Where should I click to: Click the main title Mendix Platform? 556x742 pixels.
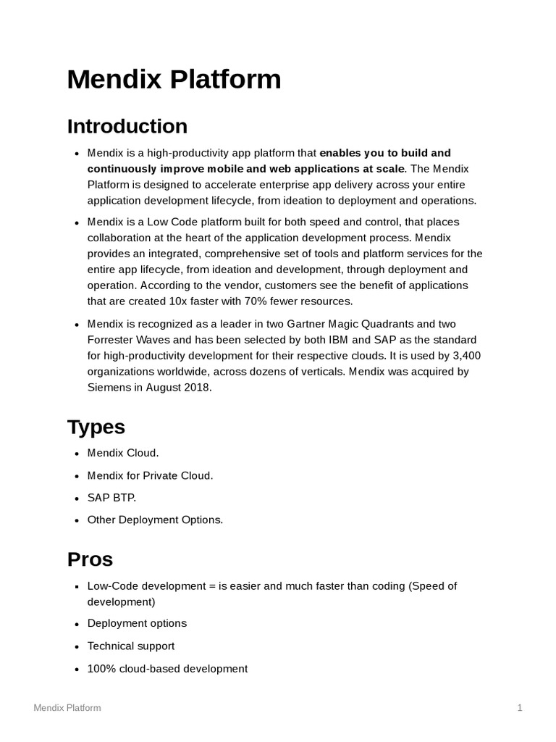pyautogui.click(x=174, y=79)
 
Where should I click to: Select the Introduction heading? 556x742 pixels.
pyautogui.click(x=127, y=126)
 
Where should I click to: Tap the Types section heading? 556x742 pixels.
pyautogui.click(x=96, y=427)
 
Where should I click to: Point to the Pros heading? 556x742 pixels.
pyautogui.click(x=90, y=559)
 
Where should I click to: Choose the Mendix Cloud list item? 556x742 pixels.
pyautogui.click(x=122, y=453)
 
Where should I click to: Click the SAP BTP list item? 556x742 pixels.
pyautogui.click(x=111, y=498)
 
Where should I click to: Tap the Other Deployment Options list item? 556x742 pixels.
pyautogui.click(x=155, y=520)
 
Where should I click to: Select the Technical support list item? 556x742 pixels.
pyautogui.click(x=131, y=646)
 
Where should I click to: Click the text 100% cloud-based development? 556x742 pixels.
pyautogui.click(x=167, y=669)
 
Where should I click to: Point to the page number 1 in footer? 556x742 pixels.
pyautogui.click(x=520, y=708)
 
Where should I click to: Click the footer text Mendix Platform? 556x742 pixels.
pyautogui.click(x=67, y=708)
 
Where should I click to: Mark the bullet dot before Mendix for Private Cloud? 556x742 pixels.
pyautogui.click(x=77, y=477)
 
